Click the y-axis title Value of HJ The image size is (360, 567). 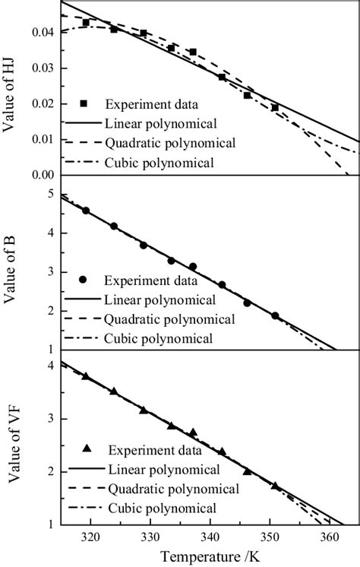pos(11,88)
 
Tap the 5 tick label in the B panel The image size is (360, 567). pos(50,194)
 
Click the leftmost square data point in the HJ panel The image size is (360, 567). pos(86,23)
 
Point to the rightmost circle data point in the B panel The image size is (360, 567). pos(275,315)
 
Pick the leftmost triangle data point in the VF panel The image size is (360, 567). pos(86,375)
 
